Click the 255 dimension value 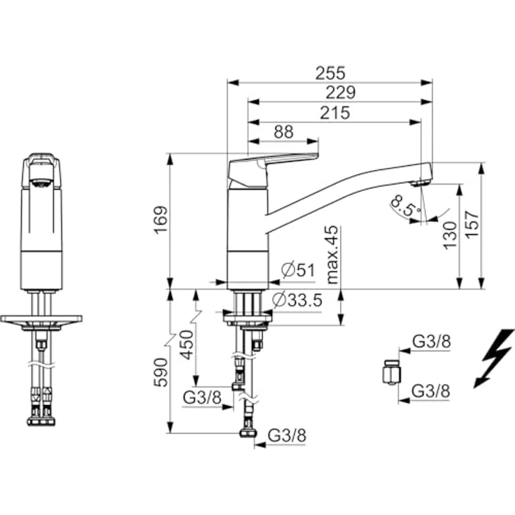(330, 73)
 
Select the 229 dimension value (341, 92)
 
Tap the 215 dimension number (335, 113)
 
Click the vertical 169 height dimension (161, 220)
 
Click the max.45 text (332, 254)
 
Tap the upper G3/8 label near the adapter (430, 342)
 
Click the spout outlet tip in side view (420, 183)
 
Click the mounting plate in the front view (41, 320)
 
